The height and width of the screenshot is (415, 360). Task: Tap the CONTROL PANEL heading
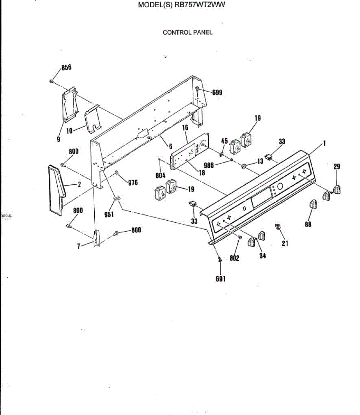point(188,33)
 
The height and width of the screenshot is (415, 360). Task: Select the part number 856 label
point(66,67)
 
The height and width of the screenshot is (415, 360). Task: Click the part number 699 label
point(217,92)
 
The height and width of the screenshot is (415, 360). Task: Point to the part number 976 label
point(133,183)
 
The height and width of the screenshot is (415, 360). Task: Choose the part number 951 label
point(109,215)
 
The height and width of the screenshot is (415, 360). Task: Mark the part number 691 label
point(220,279)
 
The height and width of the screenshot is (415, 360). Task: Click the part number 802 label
point(234,258)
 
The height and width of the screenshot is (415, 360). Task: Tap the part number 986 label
point(209,165)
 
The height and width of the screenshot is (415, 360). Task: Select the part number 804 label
point(160,176)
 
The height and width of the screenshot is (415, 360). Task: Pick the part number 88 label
point(308,224)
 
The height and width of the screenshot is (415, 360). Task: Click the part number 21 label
point(285,243)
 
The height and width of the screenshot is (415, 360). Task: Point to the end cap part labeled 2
point(56,190)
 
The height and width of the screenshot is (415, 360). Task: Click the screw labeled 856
point(52,82)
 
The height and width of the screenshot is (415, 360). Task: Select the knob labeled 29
point(337,190)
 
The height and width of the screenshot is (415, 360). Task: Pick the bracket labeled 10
point(93,119)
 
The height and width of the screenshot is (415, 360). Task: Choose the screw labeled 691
point(219,259)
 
